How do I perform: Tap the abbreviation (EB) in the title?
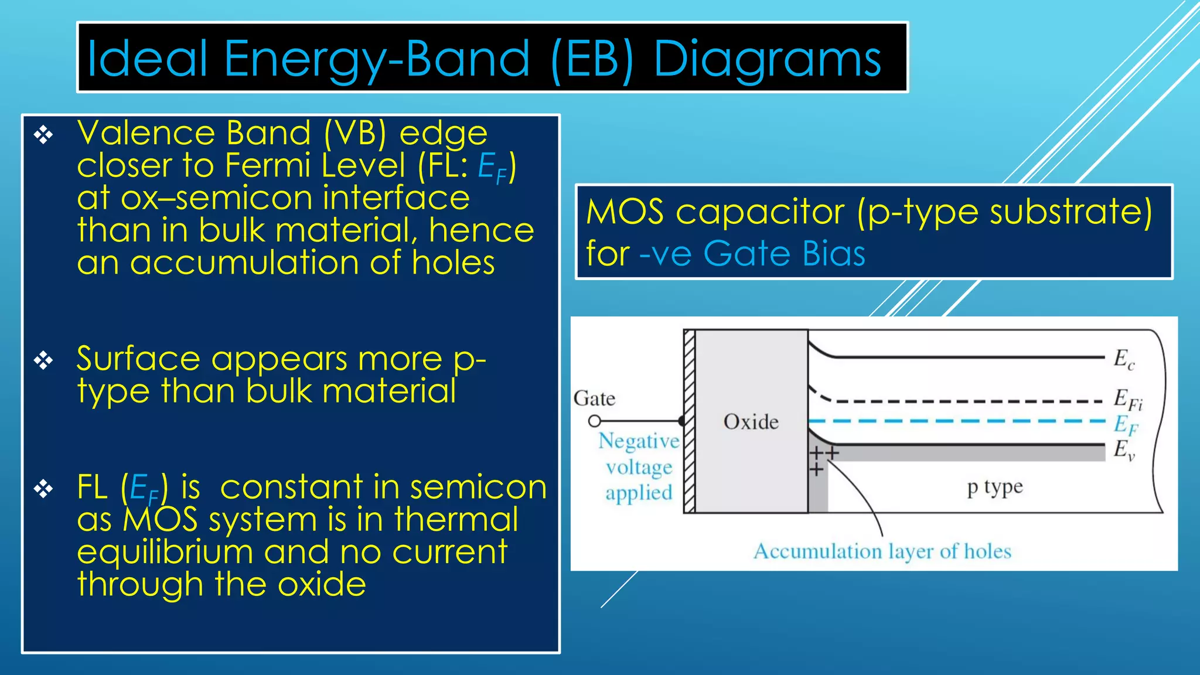tap(592, 60)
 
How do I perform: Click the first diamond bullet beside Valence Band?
tap(43, 135)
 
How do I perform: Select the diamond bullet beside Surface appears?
tap(43, 360)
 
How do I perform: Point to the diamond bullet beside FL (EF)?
tap(43, 489)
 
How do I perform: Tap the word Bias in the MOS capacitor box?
tap(834, 254)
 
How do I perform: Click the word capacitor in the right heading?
tap(759, 212)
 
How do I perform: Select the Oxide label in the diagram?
tap(751, 422)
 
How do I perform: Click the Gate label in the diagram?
tap(594, 399)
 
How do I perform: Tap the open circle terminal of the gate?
tap(594, 421)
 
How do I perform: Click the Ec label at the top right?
tap(1124, 359)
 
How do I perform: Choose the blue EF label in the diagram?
tap(1125, 424)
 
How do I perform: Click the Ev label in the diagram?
tap(1124, 450)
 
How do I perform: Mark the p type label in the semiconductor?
tap(994, 487)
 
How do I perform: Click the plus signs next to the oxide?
tap(823, 459)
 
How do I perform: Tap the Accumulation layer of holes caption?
tap(882, 551)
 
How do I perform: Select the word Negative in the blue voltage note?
tap(638, 441)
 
